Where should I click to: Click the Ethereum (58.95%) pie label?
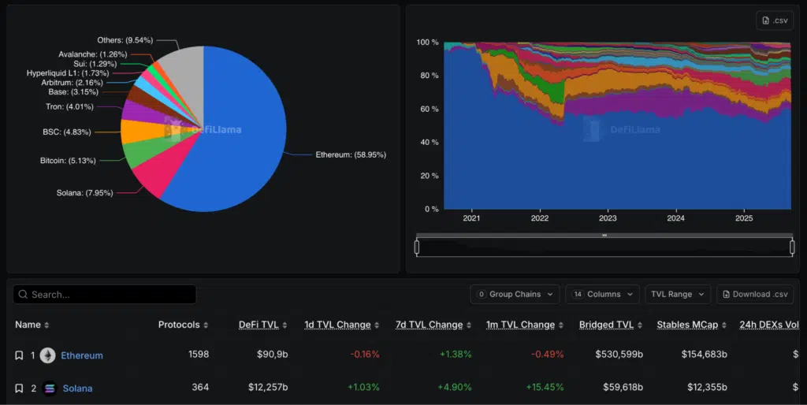[x=351, y=155]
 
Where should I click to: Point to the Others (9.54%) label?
[x=125, y=39]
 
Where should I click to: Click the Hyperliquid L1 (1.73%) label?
[x=68, y=73]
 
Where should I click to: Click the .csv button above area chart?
[x=774, y=20]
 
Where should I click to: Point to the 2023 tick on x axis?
[x=608, y=218]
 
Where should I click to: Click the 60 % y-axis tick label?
[x=427, y=109]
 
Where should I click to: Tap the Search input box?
[x=105, y=295]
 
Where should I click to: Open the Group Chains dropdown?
[x=515, y=295]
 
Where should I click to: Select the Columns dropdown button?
[x=602, y=295]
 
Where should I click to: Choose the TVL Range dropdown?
[x=677, y=295]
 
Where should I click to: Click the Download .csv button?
[x=754, y=295]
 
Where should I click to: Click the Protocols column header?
[x=183, y=325]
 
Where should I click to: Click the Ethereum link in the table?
[x=82, y=355]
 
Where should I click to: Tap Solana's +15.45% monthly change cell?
[x=543, y=388]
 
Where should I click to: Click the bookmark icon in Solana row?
[x=19, y=388]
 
